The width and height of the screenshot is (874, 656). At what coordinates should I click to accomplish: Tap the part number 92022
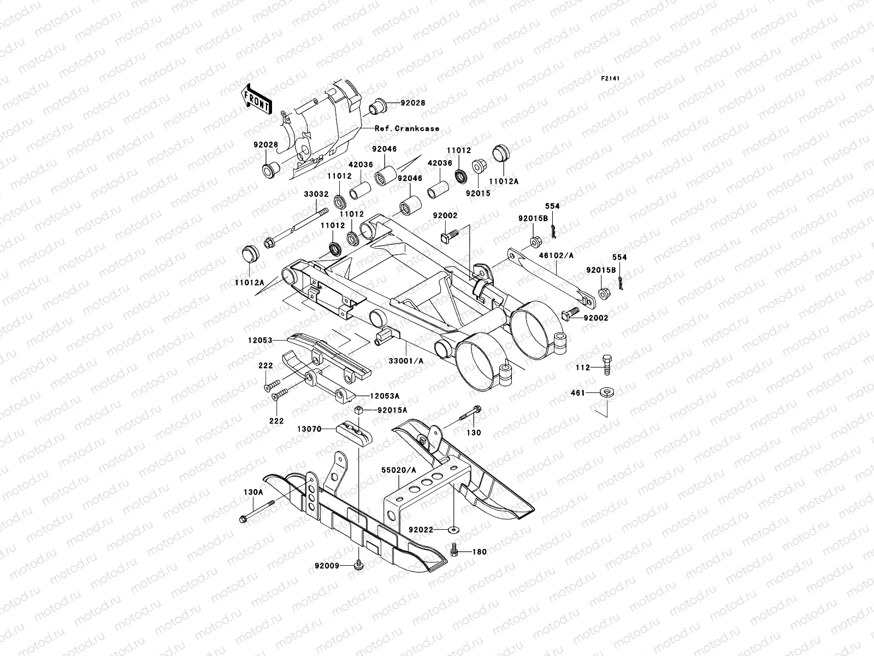[x=420, y=530]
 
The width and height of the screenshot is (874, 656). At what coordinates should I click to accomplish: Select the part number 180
[x=479, y=552]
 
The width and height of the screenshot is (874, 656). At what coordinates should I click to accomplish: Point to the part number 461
[x=578, y=393]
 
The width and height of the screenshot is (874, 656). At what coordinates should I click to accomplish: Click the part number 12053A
[x=385, y=395]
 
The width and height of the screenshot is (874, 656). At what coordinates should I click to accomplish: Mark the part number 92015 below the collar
[x=477, y=193]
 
